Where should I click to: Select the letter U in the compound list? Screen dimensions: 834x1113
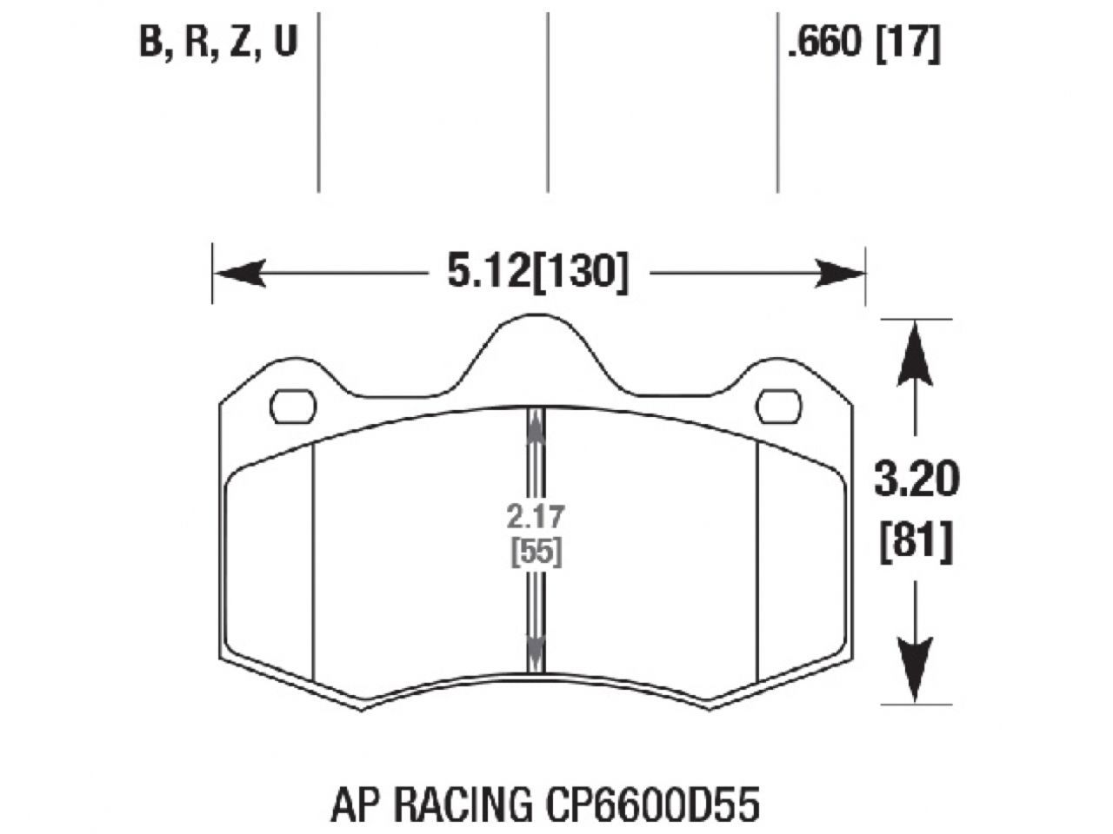(285, 42)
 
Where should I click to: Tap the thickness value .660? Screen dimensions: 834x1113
(824, 43)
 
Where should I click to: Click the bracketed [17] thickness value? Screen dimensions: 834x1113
(908, 43)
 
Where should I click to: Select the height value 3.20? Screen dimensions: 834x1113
(916, 480)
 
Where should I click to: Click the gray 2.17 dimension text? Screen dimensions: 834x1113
(535, 517)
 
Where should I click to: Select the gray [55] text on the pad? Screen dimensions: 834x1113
(535, 552)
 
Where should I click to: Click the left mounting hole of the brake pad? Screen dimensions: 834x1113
(294, 406)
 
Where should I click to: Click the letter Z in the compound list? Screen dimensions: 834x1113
(241, 42)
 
